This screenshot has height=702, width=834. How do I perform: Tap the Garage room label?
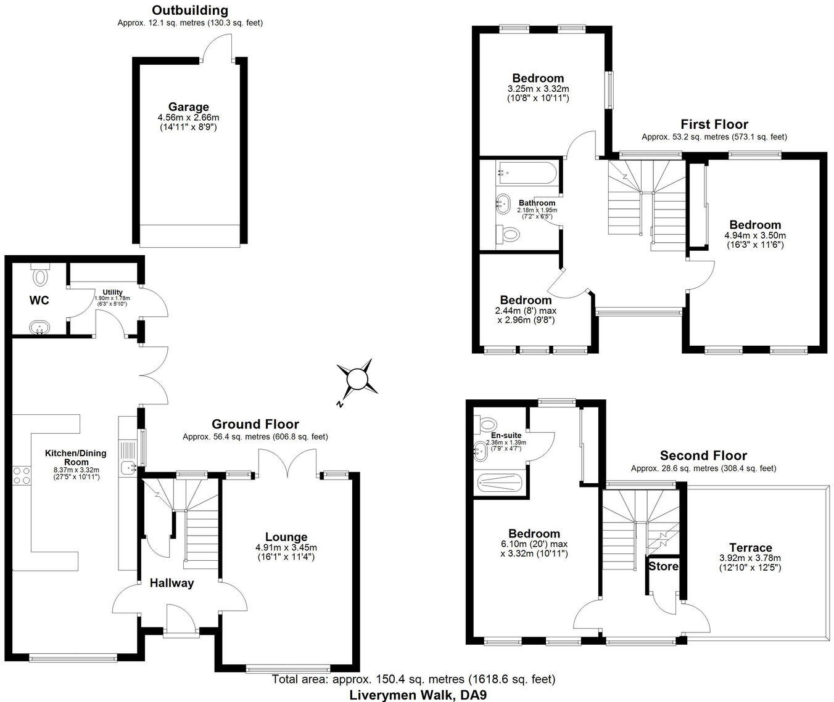point(189,107)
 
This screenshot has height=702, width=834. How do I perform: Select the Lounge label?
point(286,537)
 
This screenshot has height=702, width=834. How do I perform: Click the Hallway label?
point(172,583)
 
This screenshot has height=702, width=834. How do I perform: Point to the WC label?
point(39,301)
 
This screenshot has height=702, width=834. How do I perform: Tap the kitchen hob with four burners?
point(23,475)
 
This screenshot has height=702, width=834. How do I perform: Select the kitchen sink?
point(129,468)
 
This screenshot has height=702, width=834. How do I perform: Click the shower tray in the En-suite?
point(500,483)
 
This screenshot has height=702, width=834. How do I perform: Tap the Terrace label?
point(750,547)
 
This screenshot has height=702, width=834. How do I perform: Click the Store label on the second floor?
point(664,566)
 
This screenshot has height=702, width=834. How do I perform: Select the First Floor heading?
point(714,124)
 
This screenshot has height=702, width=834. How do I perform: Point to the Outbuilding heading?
point(190,10)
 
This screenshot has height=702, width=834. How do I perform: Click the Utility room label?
point(112,292)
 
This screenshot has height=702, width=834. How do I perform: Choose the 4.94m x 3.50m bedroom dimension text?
point(755,235)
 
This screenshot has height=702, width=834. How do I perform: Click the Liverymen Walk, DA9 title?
point(413,695)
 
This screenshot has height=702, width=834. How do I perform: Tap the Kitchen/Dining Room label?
point(75,457)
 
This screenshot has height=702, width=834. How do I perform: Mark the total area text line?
point(413,679)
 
